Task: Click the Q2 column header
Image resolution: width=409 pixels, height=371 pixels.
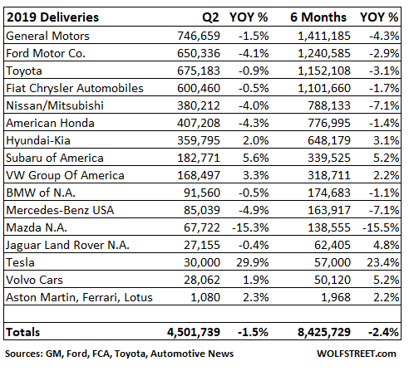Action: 210,17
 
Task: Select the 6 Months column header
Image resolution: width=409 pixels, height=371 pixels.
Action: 318,17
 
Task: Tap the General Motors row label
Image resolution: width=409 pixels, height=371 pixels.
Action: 47,36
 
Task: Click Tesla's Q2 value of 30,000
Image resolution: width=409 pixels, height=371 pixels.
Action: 202,262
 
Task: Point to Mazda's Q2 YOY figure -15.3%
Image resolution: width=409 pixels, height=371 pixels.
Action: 250,227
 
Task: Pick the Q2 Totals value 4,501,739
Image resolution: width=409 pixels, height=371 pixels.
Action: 194,332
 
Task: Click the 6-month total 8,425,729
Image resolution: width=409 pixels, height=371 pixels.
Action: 324,332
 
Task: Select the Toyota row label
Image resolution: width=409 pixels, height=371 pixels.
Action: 24,71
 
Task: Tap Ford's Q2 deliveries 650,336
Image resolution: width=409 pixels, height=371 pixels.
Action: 199,53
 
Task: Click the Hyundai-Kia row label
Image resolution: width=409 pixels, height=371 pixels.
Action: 38,140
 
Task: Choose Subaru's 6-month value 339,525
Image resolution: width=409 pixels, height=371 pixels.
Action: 329,158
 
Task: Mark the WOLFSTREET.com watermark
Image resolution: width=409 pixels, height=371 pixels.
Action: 357,354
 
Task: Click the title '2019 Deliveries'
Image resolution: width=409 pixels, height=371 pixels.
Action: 52,17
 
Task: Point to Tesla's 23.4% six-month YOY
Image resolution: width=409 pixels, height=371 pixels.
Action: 383,262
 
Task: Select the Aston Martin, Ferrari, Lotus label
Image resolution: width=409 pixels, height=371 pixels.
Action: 79,297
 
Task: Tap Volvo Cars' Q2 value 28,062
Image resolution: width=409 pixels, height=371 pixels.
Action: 202,280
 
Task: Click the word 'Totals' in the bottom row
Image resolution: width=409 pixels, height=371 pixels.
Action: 23,332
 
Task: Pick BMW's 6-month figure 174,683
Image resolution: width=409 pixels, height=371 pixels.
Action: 329,193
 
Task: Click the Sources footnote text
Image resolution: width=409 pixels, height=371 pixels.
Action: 119,354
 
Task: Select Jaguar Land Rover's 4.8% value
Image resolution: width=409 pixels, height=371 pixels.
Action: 386,245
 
